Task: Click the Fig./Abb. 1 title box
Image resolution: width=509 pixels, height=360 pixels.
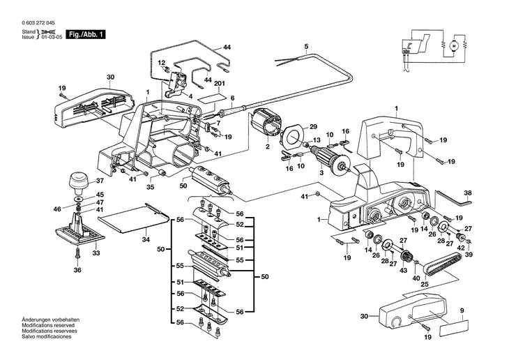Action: (x=86, y=34)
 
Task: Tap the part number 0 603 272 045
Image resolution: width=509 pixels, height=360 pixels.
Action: (x=38, y=23)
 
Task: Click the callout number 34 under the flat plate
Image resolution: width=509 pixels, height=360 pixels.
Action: (x=146, y=240)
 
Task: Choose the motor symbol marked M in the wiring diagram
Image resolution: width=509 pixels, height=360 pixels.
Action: (x=453, y=45)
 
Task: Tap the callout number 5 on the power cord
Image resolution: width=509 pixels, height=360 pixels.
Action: (x=306, y=47)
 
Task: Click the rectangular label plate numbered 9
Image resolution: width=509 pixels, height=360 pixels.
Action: (x=454, y=327)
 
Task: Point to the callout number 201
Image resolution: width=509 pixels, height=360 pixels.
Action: (x=220, y=84)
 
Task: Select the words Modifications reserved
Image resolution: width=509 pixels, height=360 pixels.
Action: (x=48, y=325)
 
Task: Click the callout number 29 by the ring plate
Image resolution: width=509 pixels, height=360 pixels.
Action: (x=313, y=127)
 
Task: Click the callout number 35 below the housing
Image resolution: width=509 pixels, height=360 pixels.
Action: (x=150, y=187)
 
